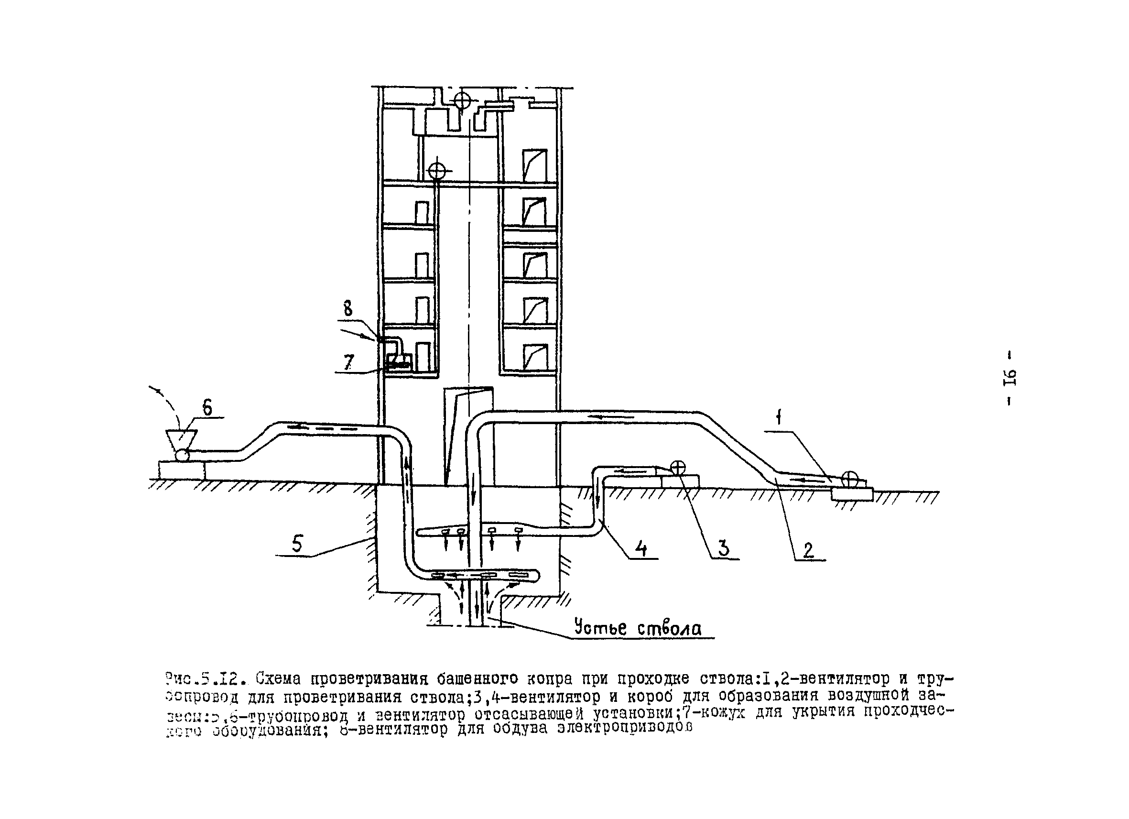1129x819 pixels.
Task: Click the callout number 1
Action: tap(779, 418)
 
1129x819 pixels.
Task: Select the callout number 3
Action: tap(724, 547)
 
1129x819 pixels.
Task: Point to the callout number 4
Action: tap(641, 549)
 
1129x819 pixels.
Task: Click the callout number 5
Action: tap(297, 544)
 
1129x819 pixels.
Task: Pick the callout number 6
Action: tap(207, 408)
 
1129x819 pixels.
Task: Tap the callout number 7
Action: tap(349, 362)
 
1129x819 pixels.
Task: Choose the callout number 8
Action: tap(348, 309)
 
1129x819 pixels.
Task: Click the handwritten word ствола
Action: tap(669, 629)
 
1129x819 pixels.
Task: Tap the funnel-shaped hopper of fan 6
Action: tap(182, 438)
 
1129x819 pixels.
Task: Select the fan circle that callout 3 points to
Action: tap(677, 468)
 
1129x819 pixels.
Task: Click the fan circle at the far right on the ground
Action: tap(849, 479)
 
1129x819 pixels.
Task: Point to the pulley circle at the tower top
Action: tap(462, 101)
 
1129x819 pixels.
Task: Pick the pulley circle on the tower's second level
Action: tap(436, 171)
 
